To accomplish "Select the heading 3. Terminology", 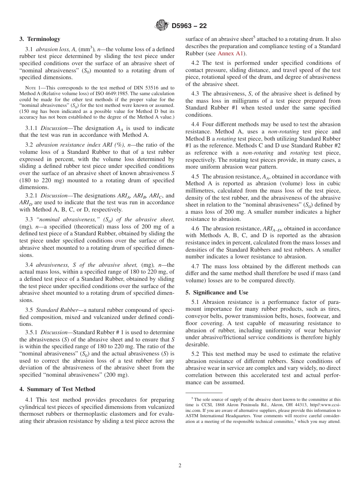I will [x=40, y=39].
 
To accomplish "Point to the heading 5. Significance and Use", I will [x=217, y=293].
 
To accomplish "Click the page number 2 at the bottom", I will [x=180, y=466].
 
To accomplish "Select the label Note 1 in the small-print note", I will [x=32, y=88].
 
